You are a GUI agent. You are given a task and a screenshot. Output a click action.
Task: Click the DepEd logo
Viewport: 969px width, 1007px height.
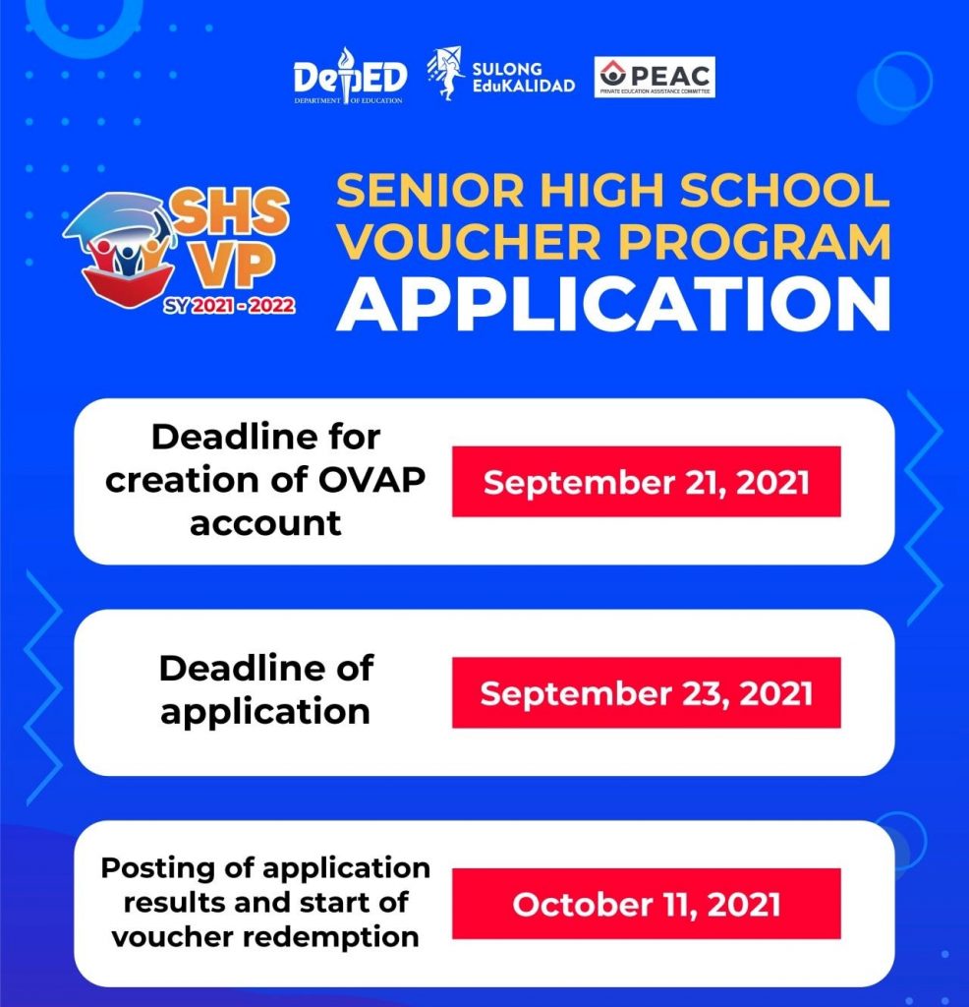[348, 76]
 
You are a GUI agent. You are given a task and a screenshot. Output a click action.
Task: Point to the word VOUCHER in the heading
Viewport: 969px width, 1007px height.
[458, 243]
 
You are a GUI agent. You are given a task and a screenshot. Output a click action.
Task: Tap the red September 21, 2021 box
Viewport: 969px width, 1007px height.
[646, 482]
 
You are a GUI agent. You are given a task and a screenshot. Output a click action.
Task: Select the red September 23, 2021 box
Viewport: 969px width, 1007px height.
[646, 693]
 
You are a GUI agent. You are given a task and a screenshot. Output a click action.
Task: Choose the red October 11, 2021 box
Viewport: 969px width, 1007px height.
[646, 904]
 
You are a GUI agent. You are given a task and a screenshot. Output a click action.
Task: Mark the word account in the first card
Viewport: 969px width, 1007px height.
[265, 522]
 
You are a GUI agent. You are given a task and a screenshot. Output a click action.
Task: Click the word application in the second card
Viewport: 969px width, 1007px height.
[265, 711]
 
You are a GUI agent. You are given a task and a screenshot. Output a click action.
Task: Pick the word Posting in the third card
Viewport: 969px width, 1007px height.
[148, 869]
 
